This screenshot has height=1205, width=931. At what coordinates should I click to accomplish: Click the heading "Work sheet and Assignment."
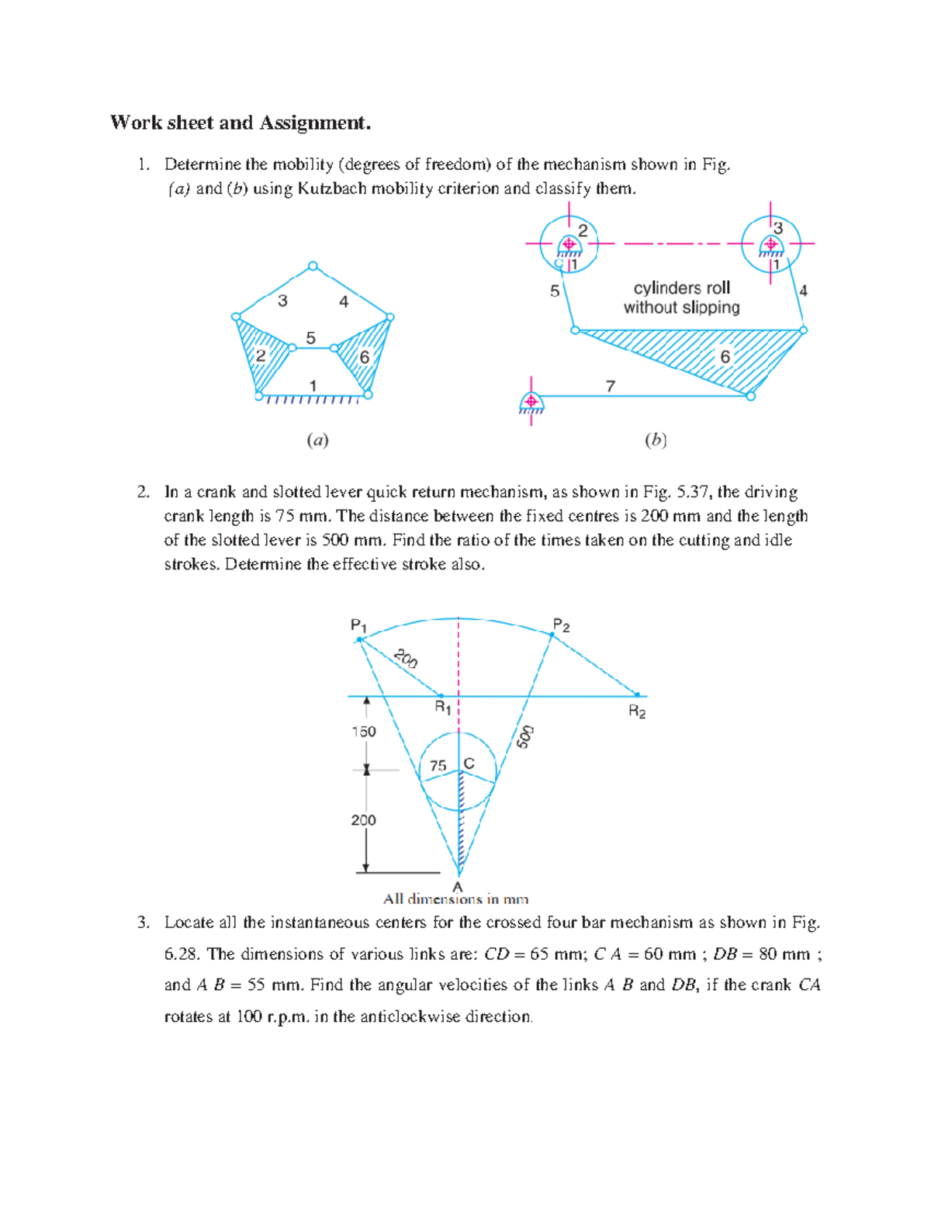click(241, 123)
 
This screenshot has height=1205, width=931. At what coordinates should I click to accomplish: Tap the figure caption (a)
click(317, 441)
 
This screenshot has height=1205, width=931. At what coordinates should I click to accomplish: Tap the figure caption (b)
click(656, 441)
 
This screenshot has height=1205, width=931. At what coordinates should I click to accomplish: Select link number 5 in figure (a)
click(310, 338)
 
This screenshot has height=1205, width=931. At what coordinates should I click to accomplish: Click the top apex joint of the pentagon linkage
click(313, 266)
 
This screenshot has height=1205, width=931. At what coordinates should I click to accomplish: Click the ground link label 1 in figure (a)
click(313, 386)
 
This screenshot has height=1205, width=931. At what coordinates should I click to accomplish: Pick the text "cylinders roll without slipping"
click(682, 298)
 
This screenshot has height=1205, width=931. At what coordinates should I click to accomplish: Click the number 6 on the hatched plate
click(725, 357)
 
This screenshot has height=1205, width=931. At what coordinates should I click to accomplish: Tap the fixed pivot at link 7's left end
click(531, 402)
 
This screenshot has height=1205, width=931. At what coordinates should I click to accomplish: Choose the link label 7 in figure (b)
click(611, 386)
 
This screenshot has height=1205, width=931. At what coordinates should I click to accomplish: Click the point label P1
click(358, 625)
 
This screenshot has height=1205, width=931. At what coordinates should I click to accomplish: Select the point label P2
click(561, 625)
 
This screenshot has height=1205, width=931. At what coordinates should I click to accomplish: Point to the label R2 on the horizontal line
click(637, 712)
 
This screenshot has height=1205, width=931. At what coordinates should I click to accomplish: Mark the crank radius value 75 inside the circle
click(438, 766)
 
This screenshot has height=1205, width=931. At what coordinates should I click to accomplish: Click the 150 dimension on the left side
click(363, 732)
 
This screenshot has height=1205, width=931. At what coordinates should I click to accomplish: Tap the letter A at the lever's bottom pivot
click(458, 886)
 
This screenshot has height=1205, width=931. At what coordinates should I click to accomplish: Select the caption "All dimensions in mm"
click(456, 899)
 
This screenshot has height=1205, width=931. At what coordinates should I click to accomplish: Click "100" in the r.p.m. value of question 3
click(248, 1016)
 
